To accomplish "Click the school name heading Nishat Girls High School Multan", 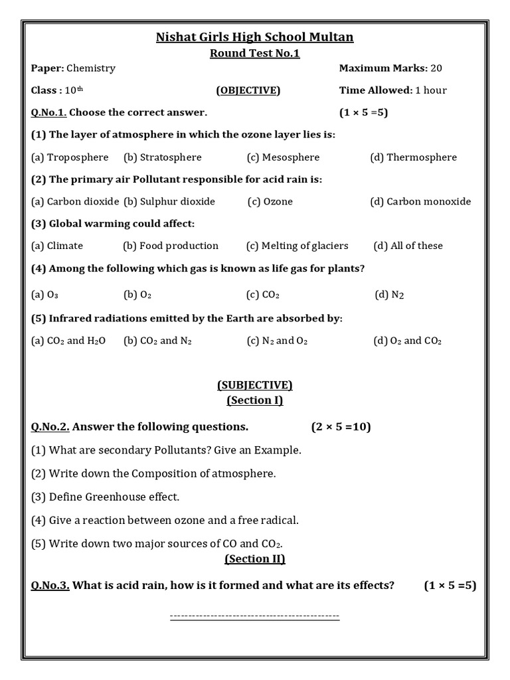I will [x=254, y=37].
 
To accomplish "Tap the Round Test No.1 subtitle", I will [x=254, y=54].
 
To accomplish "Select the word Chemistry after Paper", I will [x=91, y=68].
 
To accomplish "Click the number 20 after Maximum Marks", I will [x=436, y=68].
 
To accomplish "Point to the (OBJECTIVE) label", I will [x=248, y=90].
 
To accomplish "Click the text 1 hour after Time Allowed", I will [x=431, y=90].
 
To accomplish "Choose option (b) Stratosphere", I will [x=163, y=157].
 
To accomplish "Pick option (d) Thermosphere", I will [x=414, y=157].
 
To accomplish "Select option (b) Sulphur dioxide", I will [x=169, y=201].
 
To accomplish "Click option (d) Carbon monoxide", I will [x=420, y=201].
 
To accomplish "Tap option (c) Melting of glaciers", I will [x=297, y=246].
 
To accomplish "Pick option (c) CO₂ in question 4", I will [x=262, y=295].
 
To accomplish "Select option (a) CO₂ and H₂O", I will [x=68, y=341].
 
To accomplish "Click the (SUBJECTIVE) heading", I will [x=254, y=385].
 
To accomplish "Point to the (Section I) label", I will [x=254, y=400].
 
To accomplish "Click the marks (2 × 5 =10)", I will [x=341, y=426].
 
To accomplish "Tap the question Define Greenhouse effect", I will [x=106, y=497].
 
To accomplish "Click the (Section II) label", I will [x=254, y=559].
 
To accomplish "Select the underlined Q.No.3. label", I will [x=50, y=585].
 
